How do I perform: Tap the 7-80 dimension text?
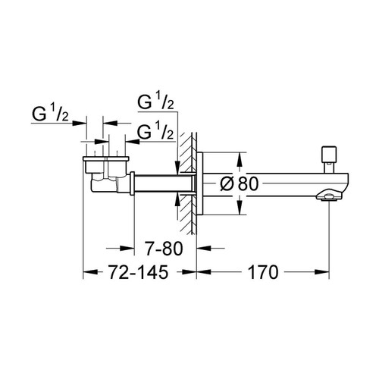(x=161, y=246)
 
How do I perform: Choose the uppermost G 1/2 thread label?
(x=157, y=102)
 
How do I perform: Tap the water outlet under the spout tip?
(x=327, y=199)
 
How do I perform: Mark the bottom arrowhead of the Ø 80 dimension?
(x=240, y=206)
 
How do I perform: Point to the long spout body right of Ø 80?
(x=288, y=182)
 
